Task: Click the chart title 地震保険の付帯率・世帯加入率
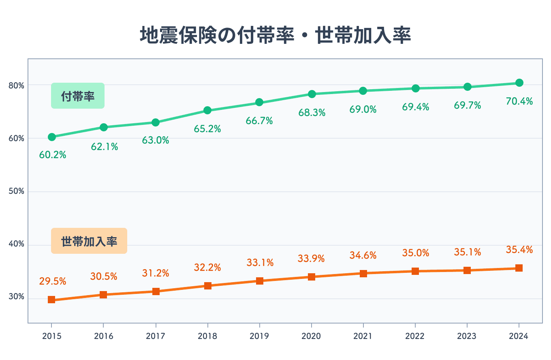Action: (275, 35)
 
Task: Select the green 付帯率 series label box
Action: (78, 96)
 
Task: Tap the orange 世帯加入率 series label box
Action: (89, 241)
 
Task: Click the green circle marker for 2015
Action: (51, 137)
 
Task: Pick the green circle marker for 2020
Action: (312, 94)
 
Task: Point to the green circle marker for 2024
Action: (519, 83)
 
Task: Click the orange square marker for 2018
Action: (207, 286)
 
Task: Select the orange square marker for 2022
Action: (415, 271)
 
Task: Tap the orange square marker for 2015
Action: (51, 300)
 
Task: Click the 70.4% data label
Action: (519, 101)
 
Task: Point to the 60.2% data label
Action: (53, 155)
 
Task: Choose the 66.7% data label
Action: (259, 121)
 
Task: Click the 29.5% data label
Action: (53, 281)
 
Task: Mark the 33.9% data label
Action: (312, 259)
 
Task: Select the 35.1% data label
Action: (467, 253)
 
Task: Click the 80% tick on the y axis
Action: (16, 86)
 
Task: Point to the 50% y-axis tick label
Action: (16, 191)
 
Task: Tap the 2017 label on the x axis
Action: (156, 336)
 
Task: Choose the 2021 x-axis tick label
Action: (363, 336)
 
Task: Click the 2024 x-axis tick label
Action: (519, 336)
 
